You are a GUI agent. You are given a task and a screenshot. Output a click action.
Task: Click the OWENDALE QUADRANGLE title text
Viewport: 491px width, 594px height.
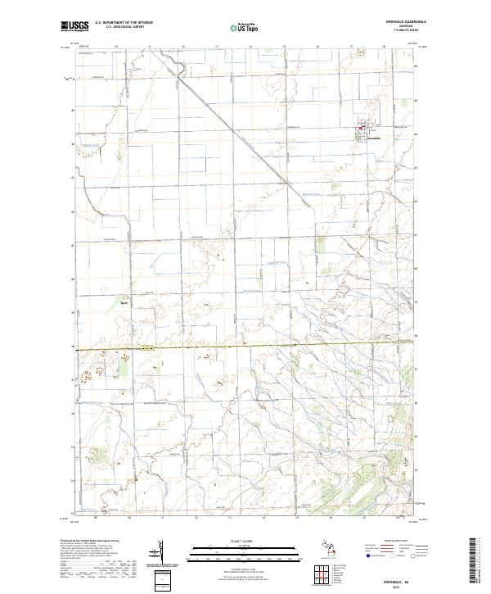coord(399,23)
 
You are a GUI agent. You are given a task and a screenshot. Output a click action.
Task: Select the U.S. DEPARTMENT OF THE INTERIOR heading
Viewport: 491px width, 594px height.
coord(123,23)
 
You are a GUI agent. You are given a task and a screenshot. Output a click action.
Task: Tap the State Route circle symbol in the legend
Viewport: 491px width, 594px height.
coord(403,555)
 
